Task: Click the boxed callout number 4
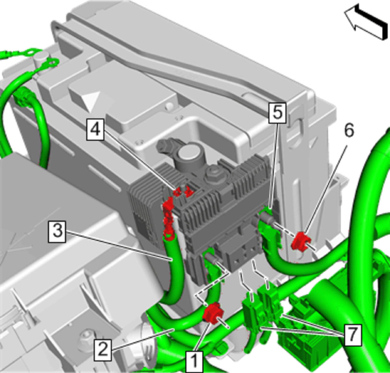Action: click(x=95, y=130)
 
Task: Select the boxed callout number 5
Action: click(x=277, y=112)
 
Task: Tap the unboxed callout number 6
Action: click(x=349, y=131)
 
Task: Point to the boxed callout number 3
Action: click(x=57, y=232)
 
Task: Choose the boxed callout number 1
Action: click(x=194, y=362)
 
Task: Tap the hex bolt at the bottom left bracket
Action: click(x=86, y=334)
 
